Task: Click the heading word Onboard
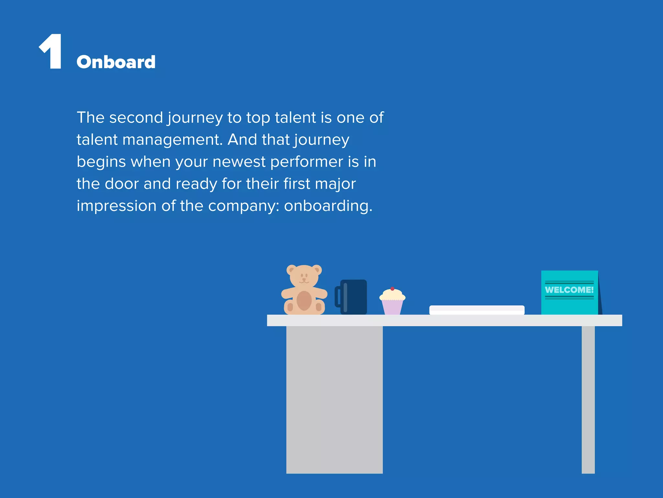point(116,62)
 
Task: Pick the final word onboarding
point(328,206)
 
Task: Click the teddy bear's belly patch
point(304,301)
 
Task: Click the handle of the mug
point(338,297)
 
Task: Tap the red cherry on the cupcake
point(392,289)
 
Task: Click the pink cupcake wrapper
point(392,307)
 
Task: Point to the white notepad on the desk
point(477,310)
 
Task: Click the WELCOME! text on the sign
point(569,290)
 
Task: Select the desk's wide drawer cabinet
point(334,399)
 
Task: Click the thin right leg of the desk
point(588,399)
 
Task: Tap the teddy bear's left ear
point(291,269)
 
